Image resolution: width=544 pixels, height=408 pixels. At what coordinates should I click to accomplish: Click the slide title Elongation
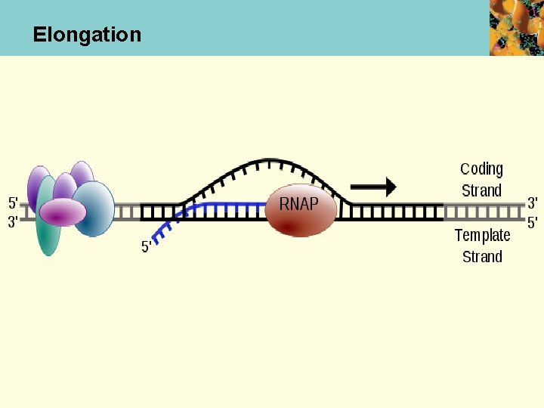pos(87,35)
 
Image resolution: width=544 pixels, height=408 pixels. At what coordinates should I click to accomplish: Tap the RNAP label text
pos(298,204)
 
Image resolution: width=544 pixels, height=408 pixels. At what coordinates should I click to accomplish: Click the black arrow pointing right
pos(373,187)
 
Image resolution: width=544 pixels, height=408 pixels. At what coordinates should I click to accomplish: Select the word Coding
pos(481,169)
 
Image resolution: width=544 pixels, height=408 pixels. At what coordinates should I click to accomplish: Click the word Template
pos(482,235)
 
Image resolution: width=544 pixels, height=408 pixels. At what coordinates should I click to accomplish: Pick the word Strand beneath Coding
pos(481,190)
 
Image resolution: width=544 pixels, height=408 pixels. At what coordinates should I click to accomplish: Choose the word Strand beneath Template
pos(482,257)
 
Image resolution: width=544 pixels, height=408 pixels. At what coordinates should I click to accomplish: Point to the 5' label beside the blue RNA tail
pos(147,247)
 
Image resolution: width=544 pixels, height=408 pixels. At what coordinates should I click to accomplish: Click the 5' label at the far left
pos(13,202)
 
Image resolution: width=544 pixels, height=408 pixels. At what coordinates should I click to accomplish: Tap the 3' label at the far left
pos(13,222)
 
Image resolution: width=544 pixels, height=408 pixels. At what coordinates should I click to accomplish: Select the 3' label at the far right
pos(533,202)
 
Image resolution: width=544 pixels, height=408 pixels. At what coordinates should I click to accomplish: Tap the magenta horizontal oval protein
pos(62,212)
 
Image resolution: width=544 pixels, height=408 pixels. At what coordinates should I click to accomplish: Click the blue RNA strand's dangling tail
pos(164,227)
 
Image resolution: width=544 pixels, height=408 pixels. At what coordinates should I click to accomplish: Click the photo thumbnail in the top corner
pos(516,27)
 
